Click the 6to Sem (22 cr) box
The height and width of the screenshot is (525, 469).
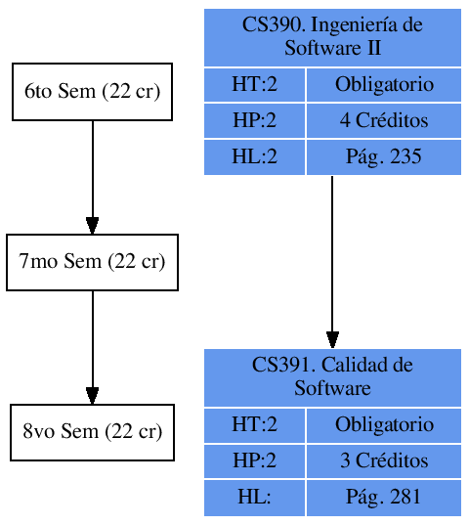pos(92,92)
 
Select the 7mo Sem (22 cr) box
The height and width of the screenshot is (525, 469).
pos(92,262)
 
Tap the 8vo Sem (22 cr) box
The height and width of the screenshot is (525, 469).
pos(92,432)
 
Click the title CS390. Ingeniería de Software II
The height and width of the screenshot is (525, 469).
pos(332,36)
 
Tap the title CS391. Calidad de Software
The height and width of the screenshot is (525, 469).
pos(332,376)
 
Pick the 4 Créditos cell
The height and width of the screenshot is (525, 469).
pos(384,121)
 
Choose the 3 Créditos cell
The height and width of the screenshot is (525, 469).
pos(384,460)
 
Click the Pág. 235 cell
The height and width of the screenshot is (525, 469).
pos(384,156)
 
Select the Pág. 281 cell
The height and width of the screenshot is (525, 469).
pos(384,497)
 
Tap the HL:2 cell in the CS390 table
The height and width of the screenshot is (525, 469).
pos(254,156)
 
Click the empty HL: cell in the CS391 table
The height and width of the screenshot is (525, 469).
pos(254,497)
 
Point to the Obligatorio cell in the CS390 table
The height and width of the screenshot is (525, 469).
pos(384,85)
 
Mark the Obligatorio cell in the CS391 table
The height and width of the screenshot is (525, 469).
pos(384,425)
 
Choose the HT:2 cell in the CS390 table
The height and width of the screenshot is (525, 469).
pos(254,85)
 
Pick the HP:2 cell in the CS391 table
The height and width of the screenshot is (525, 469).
pos(254,460)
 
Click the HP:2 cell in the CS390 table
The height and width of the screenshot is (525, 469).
pos(254,121)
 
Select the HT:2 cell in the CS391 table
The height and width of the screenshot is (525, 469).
pos(254,425)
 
